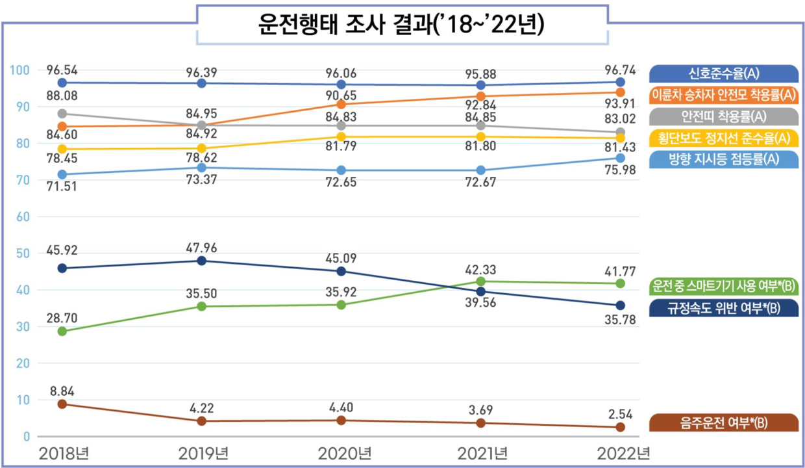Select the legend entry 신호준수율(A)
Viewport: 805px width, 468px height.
click(725, 73)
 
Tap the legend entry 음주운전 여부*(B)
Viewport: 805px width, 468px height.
click(725, 423)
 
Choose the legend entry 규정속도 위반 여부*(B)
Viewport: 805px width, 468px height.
click(724, 308)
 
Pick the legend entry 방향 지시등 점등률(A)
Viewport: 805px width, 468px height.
click(724, 159)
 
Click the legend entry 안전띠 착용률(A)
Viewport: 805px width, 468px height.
click(724, 116)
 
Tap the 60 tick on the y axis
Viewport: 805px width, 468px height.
click(22, 216)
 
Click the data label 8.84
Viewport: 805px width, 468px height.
click(62, 391)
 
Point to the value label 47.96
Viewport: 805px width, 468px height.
click(202, 247)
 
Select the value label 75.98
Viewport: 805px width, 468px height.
click(620, 172)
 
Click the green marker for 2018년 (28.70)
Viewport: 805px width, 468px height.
click(62, 331)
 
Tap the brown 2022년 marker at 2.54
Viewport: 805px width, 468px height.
click(620, 427)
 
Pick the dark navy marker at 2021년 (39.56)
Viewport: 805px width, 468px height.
click(480, 291)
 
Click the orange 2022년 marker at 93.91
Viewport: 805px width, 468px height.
click(620, 92)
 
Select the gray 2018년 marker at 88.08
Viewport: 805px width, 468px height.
click(62, 114)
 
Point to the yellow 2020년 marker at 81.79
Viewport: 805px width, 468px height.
click(341, 136)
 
